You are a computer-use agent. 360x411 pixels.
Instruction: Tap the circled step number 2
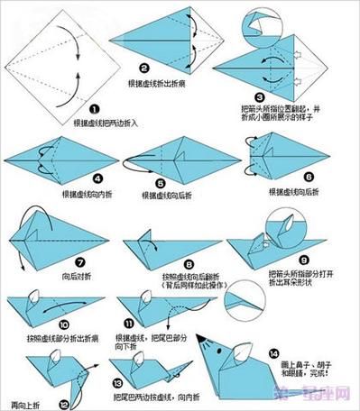point(143,68)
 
